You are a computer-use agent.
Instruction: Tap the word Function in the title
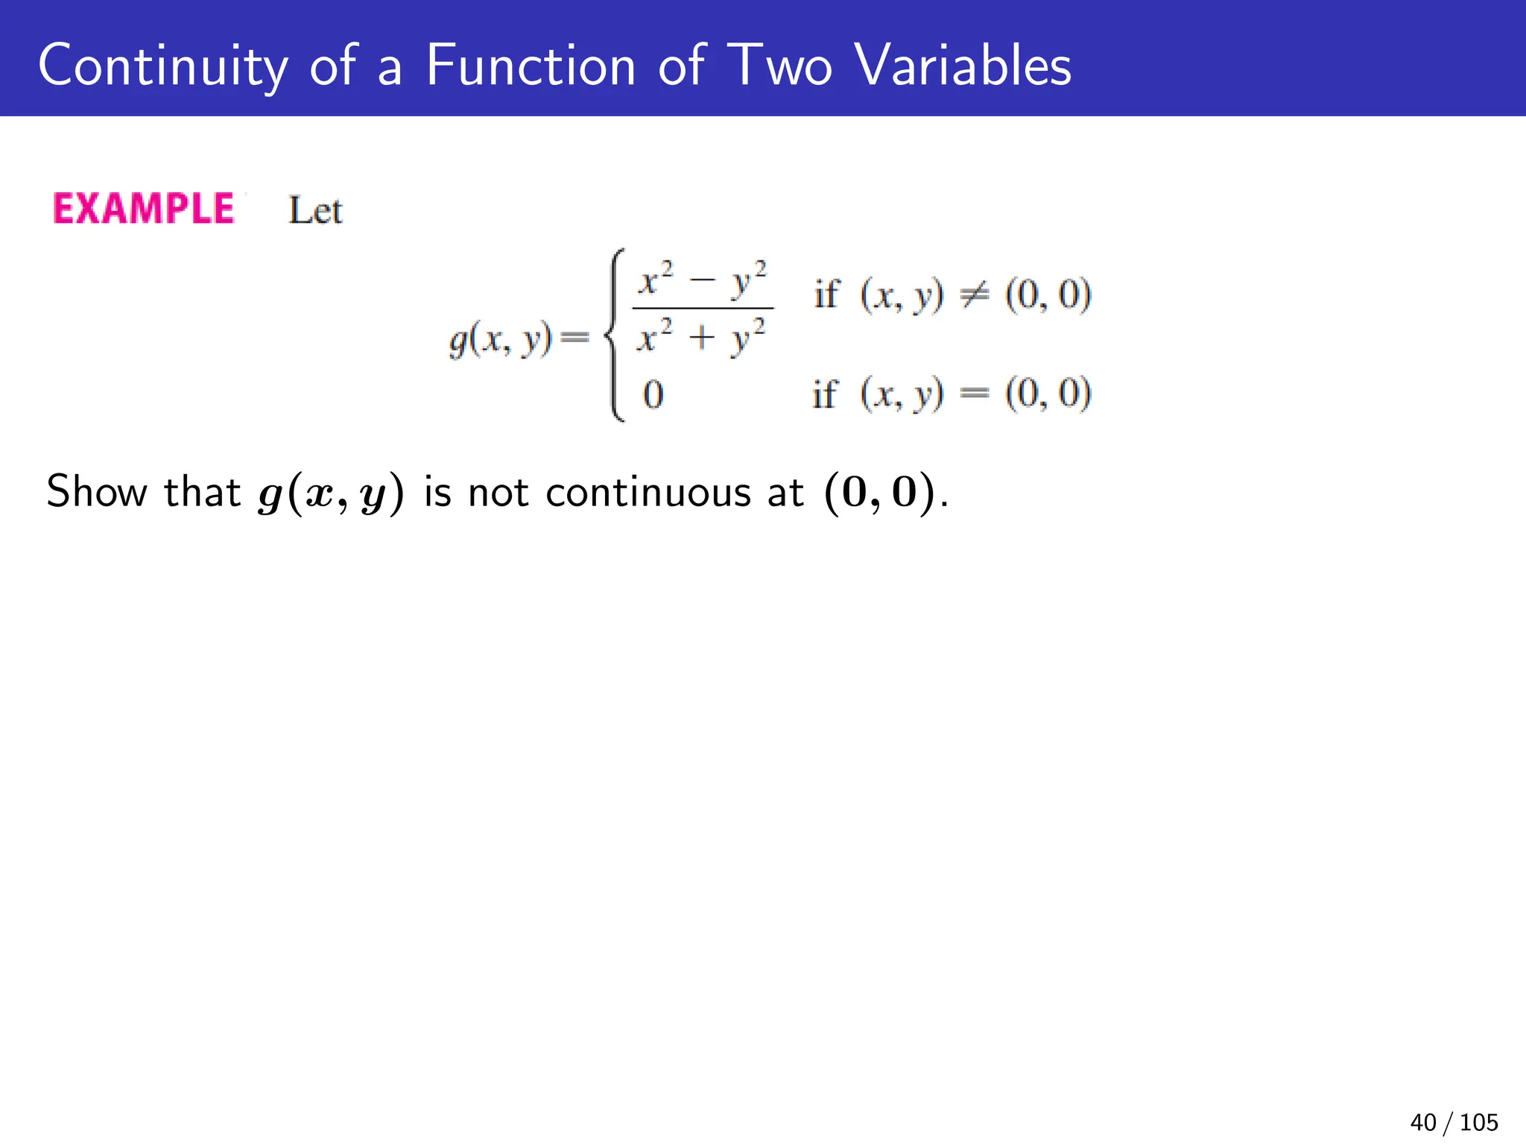click(x=531, y=66)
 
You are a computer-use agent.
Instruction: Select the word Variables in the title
click(x=963, y=66)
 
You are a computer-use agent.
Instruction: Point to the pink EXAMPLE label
click(x=144, y=209)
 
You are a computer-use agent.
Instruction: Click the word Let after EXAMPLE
click(x=315, y=211)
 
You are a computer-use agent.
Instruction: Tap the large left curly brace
click(x=615, y=335)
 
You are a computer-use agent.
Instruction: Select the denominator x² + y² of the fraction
click(x=701, y=338)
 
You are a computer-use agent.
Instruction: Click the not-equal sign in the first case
click(x=974, y=295)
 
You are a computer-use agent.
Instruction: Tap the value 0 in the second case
click(x=653, y=394)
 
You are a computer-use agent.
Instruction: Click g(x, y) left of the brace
click(x=500, y=340)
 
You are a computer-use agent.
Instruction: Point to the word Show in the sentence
click(x=97, y=492)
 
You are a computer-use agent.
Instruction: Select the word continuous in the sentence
click(x=648, y=493)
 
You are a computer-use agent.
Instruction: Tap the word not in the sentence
click(x=498, y=493)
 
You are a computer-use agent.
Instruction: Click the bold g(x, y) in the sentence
click(x=331, y=493)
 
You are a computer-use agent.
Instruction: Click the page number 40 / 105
click(x=1454, y=1122)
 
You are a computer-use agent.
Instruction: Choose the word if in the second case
click(x=825, y=394)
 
